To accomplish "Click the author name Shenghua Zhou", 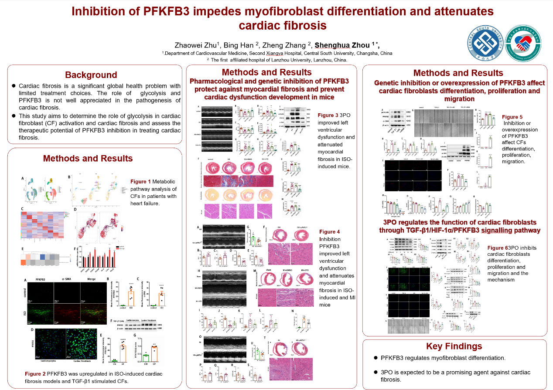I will pos(342,45).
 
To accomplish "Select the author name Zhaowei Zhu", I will pos(196,45).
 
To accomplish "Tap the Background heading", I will pos(91,75).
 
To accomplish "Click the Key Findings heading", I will pos(454,346).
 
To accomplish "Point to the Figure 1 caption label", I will pos(140,181).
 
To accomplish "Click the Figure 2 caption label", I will pos(35,374).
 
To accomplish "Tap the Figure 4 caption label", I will pos(330,231).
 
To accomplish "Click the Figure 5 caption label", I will pos(512,117).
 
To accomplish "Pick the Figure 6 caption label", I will pos(497,248).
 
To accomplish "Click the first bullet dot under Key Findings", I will pos(376,358).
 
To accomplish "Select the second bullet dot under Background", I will pos(14,116).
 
